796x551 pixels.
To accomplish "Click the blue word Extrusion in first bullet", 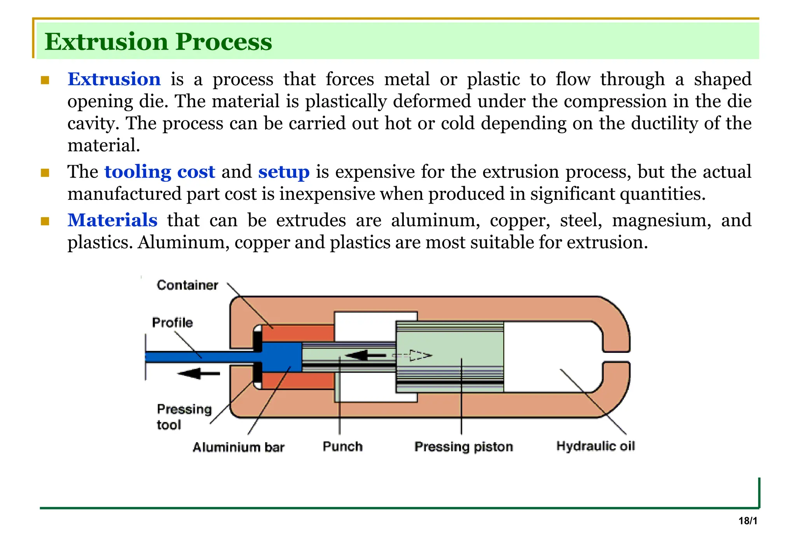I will pyautogui.click(x=114, y=79).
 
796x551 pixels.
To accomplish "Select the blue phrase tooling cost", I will pyautogui.click(x=159, y=172).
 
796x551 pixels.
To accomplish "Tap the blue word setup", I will pyautogui.click(x=284, y=172).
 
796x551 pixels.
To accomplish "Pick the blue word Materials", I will pyautogui.click(x=112, y=220).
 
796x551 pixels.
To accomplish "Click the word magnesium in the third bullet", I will pyautogui.click(x=661, y=220).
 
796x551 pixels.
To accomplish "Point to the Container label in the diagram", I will pyautogui.click(x=187, y=285).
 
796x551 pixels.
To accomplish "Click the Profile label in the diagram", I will pyautogui.click(x=172, y=323).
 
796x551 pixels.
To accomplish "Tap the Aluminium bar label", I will pyautogui.click(x=238, y=447).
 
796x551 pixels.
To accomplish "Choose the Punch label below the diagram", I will pyautogui.click(x=342, y=446).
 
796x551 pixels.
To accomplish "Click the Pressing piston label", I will pyautogui.click(x=463, y=447).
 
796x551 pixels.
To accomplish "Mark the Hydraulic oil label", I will pyautogui.click(x=595, y=446).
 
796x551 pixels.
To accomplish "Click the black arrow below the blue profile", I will pyautogui.click(x=199, y=374).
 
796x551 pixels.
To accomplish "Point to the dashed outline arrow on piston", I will pyautogui.click(x=414, y=356).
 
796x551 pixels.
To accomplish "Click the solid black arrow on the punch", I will pyautogui.click(x=365, y=355).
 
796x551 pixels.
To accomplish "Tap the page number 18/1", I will pyautogui.click(x=747, y=521).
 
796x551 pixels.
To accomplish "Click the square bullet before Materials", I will pyautogui.click(x=45, y=221).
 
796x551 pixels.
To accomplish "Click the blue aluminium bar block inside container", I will pyautogui.click(x=281, y=357).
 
